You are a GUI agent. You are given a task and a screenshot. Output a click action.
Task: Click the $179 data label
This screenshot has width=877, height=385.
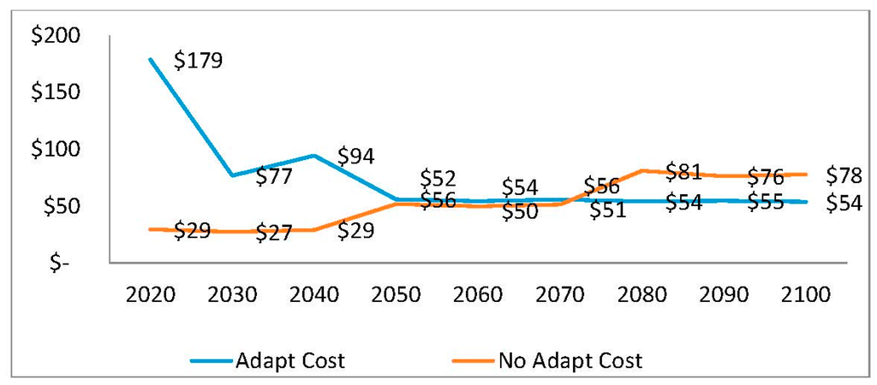pos(198,62)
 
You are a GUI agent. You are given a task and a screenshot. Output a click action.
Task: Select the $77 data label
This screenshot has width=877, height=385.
pos(275,177)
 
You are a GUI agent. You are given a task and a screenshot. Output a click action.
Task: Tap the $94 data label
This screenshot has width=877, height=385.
pos(355,156)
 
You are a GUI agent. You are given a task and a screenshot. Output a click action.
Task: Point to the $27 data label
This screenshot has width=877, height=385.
pos(275,232)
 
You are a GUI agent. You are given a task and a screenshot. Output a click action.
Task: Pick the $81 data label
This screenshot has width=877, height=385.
pos(683,172)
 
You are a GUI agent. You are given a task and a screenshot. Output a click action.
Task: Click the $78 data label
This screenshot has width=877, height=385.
pos(844,175)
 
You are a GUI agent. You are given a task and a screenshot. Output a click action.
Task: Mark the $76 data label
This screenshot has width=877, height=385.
pos(766,177)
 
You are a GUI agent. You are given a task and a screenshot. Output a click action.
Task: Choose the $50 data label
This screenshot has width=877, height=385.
pos(520,211)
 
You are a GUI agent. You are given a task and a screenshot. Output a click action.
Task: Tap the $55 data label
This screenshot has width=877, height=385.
pos(766,203)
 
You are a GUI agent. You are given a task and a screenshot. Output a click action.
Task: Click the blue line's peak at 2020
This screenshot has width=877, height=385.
pos(150,59)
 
